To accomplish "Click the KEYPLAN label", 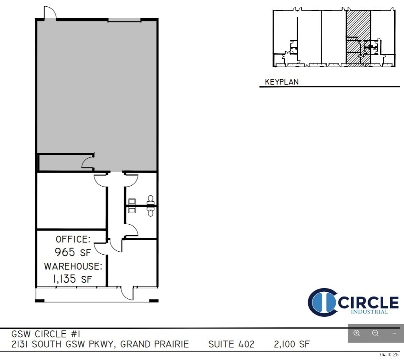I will click(x=282, y=82).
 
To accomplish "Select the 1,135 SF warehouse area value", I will click(x=72, y=279).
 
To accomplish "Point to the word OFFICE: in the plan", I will click(x=73, y=239).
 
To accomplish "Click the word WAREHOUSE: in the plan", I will click(x=73, y=267).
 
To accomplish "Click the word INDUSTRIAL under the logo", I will click(x=369, y=312).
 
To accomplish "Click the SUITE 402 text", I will click(x=231, y=344).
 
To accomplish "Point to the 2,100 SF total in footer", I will click(x=292, y=344).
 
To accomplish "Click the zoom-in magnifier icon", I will click(x=357, y=333).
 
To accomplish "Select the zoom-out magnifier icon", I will click(x=375, y=333).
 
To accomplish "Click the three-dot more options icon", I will click(x=394, y=333).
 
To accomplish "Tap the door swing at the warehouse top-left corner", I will click(x=50, y=13).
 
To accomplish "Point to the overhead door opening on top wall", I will click(x=125, y=20).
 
